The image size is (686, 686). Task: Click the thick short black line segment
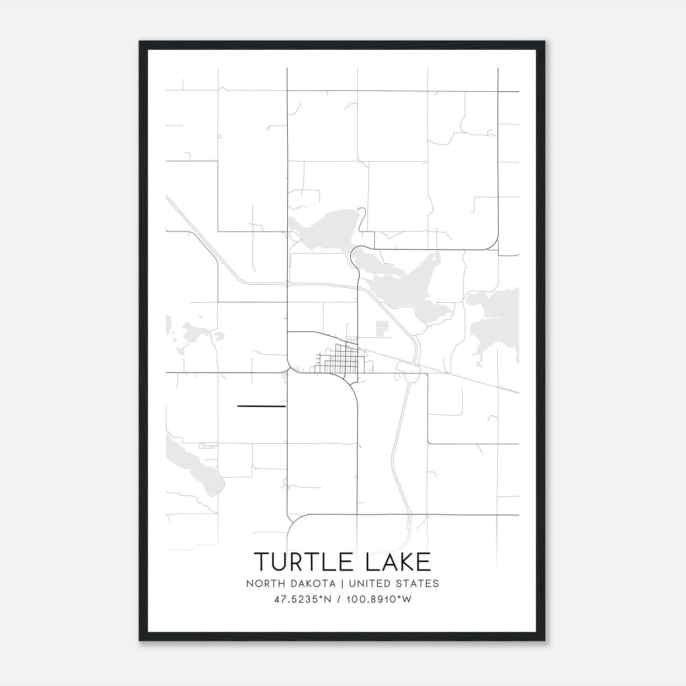click(x=261, y=406)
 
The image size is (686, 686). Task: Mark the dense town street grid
click(x=339, y=360)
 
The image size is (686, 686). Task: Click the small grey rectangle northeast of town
click(x=381, y=328)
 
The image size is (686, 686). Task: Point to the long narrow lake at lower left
click(x=195, y=465)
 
